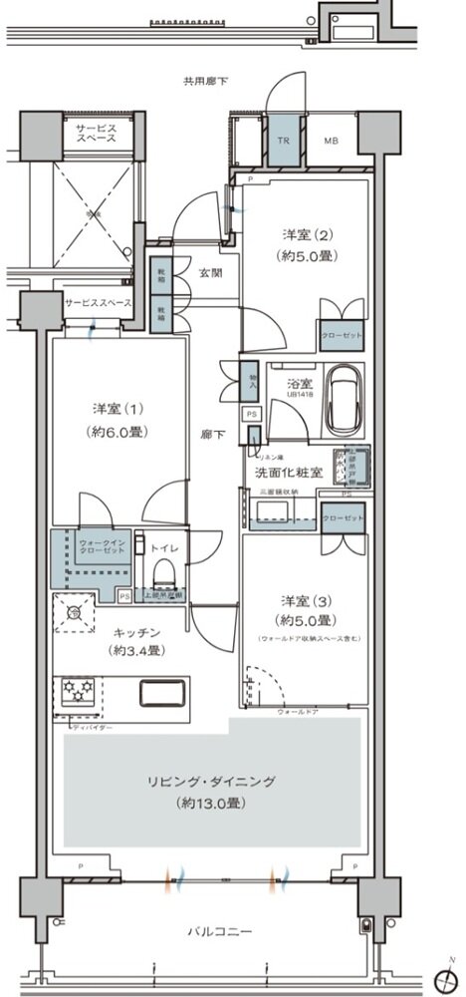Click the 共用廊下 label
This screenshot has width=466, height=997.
[x=205, y=81]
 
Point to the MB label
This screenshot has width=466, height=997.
[x=331, y=141]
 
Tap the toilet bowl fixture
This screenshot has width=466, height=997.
[x=165, y=577]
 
